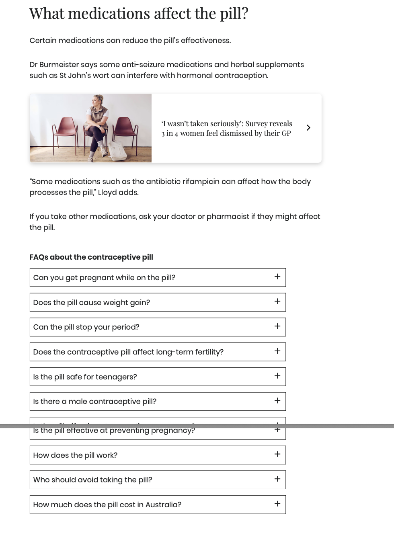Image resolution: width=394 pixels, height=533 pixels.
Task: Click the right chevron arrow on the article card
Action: (308, 127)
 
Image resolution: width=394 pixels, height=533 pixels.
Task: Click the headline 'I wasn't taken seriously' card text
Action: (226, 128)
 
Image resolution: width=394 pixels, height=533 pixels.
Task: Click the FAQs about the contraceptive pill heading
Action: (91, 257)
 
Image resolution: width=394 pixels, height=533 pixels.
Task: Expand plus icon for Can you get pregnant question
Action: (277, 277)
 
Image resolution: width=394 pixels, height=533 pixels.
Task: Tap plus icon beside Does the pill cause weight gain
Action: (277, 301)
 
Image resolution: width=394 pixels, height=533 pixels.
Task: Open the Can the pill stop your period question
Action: (86, 327)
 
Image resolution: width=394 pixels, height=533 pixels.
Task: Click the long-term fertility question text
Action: (128, 352)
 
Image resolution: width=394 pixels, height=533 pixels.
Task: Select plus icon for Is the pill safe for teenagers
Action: (277, 376)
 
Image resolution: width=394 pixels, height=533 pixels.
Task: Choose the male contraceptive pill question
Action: (95, 402)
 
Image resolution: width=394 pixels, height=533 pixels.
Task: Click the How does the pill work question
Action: (75, 455)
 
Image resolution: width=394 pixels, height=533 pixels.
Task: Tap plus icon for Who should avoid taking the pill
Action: (277, 479)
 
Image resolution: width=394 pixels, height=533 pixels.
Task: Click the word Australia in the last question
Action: (161, 505)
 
